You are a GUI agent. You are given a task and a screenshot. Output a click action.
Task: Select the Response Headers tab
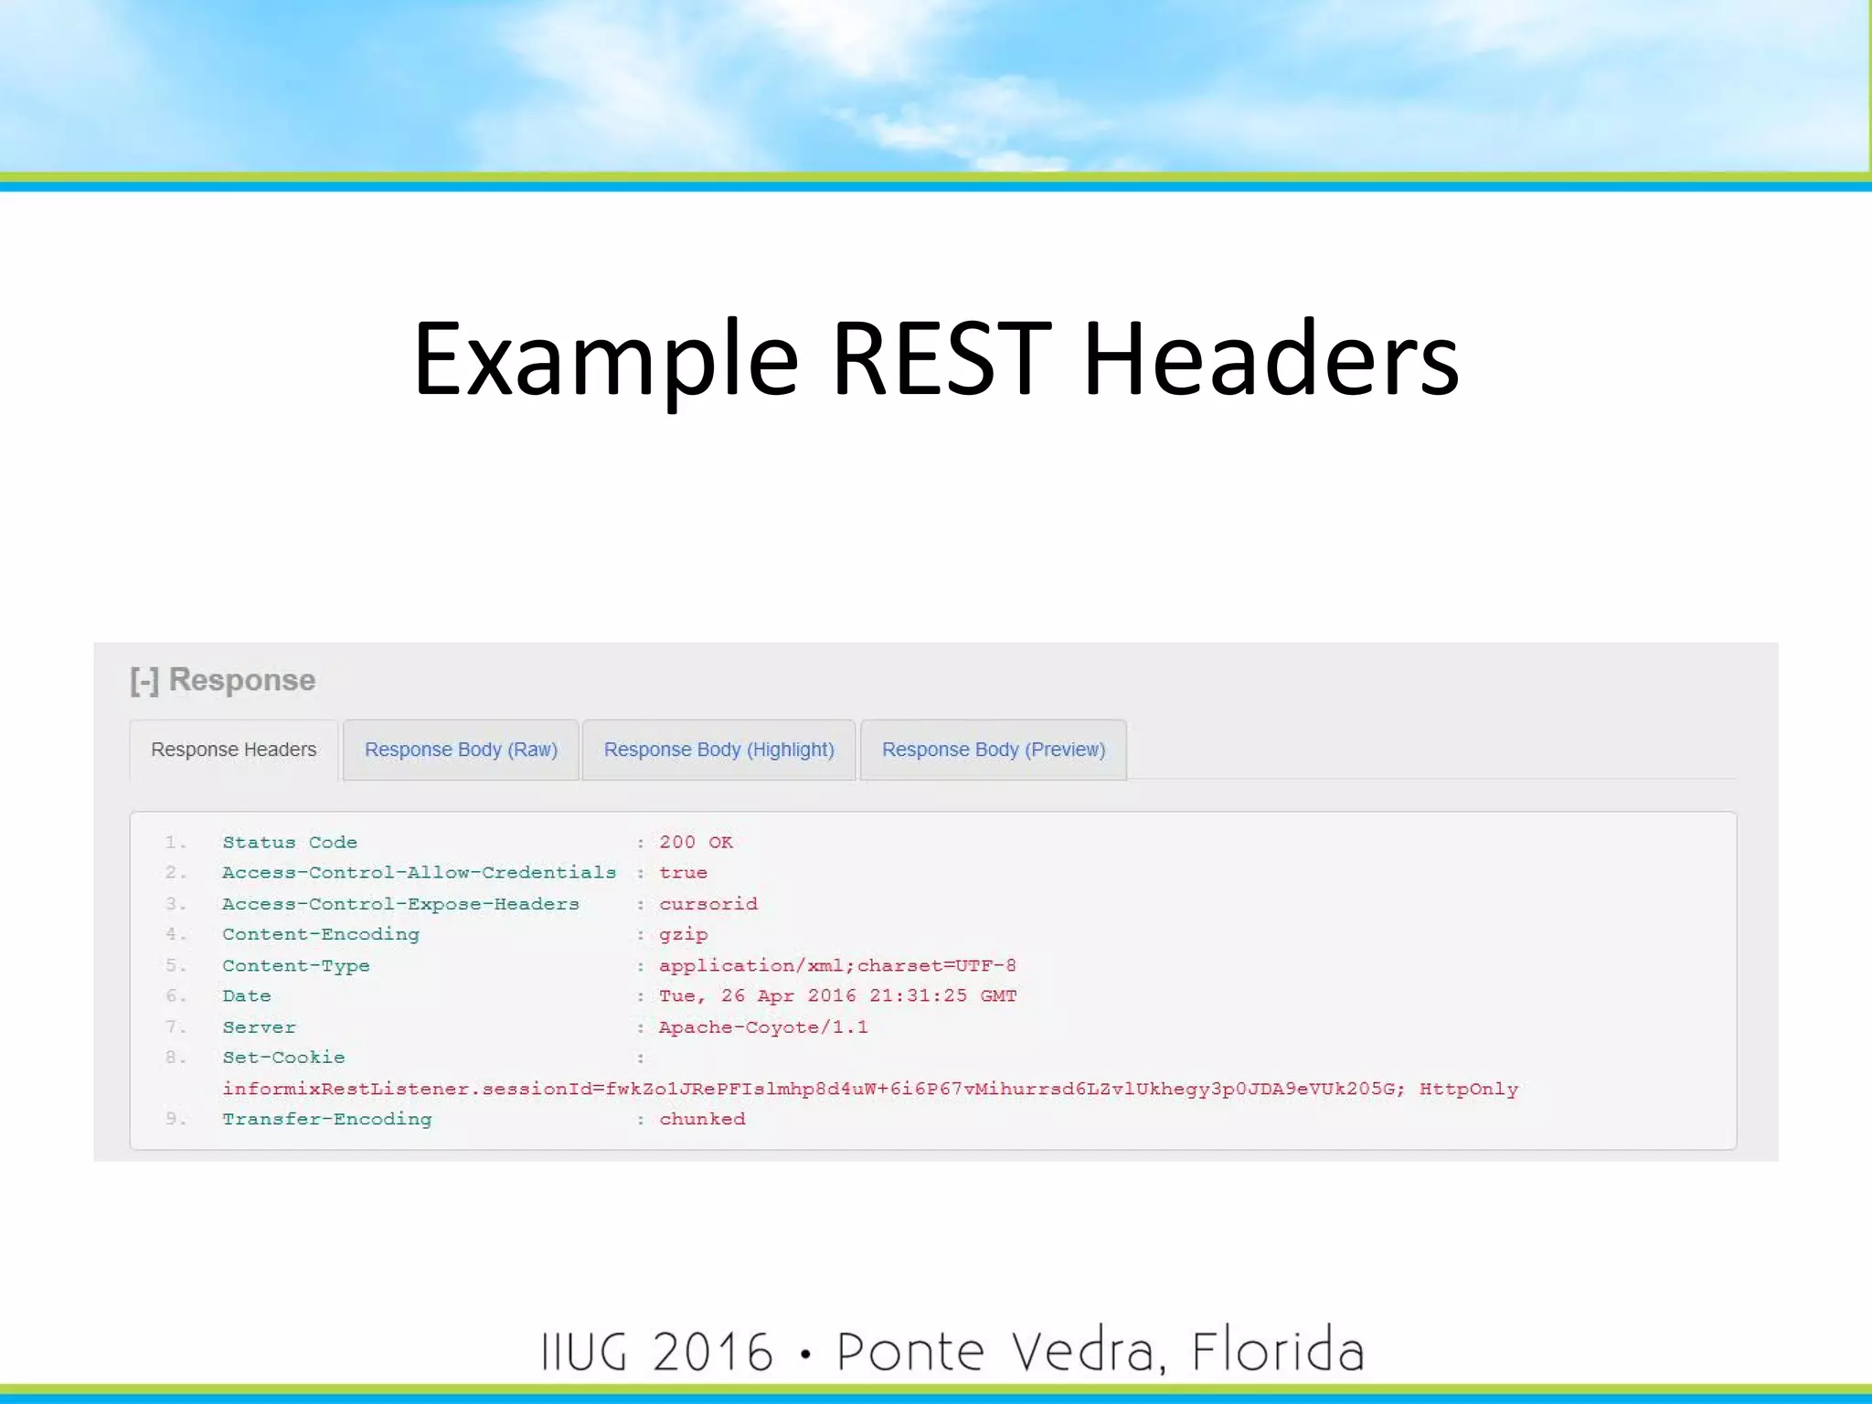233,750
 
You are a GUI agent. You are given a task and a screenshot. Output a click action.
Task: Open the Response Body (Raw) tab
461,750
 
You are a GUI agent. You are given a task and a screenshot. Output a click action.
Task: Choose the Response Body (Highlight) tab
718,750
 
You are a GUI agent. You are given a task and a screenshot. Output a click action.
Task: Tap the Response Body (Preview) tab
993,750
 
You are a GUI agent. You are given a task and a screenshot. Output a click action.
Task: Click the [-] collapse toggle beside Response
144,681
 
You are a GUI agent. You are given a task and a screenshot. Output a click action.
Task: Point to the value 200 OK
696,842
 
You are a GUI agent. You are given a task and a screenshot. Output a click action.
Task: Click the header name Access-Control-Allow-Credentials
419,873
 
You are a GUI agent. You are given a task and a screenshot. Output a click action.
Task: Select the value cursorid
708,904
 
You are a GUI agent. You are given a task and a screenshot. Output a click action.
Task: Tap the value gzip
683,934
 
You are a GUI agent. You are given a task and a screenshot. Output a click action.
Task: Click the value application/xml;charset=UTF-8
837,965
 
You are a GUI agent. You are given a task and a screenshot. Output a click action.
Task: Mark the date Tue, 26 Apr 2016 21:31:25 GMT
837,995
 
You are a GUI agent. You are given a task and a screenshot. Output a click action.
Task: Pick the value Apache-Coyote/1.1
763,1027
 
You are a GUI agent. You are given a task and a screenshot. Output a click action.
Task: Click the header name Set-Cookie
283,1058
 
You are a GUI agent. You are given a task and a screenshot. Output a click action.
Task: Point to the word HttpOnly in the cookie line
1468,1089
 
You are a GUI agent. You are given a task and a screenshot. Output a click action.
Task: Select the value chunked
702,1119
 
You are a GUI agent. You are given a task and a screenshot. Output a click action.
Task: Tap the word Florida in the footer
1277,1351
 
